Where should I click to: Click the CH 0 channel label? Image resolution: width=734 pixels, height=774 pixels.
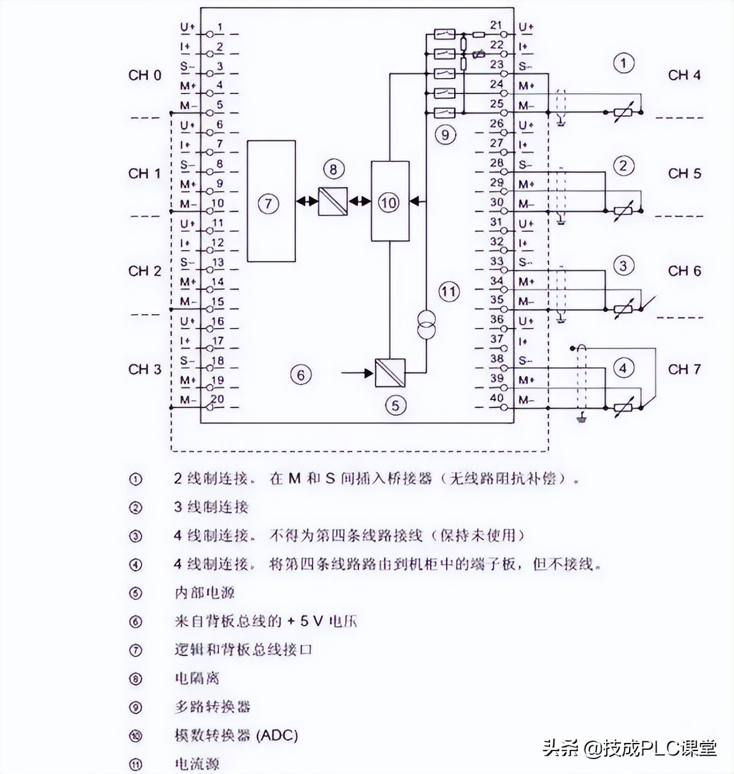point(145,75)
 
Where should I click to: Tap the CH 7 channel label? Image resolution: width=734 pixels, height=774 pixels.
point(684,369)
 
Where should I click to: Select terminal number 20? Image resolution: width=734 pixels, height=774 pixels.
point(217,399)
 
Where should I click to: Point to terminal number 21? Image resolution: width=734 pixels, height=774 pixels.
point(496,25)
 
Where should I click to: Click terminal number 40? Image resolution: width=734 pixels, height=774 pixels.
point(497,398)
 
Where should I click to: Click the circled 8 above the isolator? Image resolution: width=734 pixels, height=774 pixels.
point(333,169)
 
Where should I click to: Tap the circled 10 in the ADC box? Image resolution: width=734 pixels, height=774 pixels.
point(389,202)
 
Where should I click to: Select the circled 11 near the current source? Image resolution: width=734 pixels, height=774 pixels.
point(448,292)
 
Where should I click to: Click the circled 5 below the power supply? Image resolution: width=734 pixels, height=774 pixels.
point(395,405)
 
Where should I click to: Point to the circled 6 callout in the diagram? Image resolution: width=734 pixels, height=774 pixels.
point(301,375)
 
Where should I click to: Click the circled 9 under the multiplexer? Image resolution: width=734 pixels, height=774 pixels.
point(445,135)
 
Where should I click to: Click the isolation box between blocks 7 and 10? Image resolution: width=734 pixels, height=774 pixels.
point(333,201)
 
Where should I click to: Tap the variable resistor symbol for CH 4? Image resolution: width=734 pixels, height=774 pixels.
point(623,113)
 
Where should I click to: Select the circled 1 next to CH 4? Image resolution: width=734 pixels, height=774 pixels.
point(623,63)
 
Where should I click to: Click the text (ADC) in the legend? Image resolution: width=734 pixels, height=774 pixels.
point(278,736)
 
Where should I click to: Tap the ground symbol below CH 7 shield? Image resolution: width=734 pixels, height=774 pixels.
point(582,419)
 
